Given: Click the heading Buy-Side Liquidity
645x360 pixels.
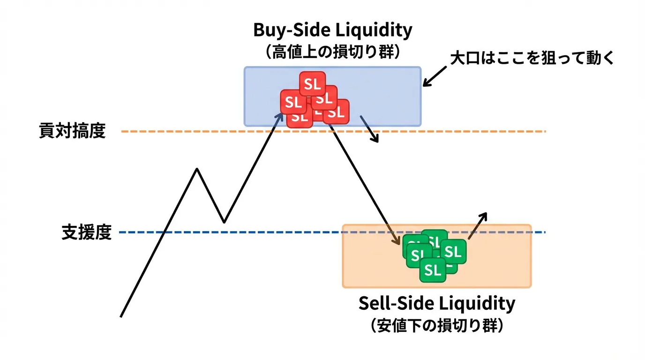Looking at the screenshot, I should pyautogui.click(x=333, y=30).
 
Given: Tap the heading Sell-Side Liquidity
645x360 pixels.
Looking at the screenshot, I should pyautogui.click(x=436, y=303).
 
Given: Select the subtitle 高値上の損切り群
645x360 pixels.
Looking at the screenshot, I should pyautogui.click(x=333, y=51).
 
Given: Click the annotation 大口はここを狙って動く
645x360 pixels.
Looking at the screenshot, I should pyautogui.click(x=532, y=59).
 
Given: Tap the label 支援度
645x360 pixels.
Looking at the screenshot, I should pyautogui.click(x=87, y=232).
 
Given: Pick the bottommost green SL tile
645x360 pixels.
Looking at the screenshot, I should pyautogui.click(x=433, y=270).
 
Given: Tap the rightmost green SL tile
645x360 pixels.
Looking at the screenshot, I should pyautogui.click(x=453, y=252).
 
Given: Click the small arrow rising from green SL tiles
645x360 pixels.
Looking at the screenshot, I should pyautogui.click(x=478, y=225).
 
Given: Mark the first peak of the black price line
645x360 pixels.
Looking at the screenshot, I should pyautogui.click(x=197, y=169).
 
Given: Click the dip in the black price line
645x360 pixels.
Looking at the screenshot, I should pyautogui.click(x=224, y=222).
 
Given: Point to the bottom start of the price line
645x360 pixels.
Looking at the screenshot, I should pyautogui.click(x=121, y=316).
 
